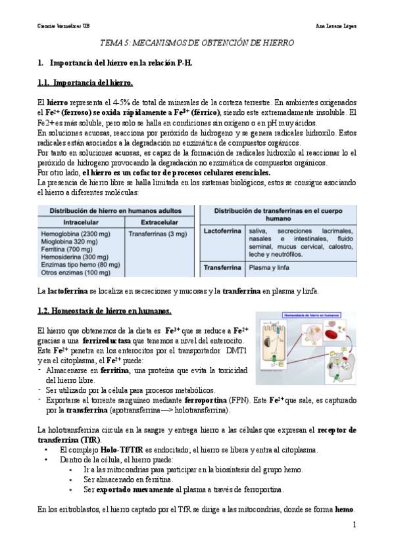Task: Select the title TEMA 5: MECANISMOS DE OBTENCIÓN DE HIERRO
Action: (x=197, y=43)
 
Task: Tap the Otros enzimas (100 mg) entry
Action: (x=76, y=272)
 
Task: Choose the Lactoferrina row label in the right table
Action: (x=222, y=231)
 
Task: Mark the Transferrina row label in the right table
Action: (x=222, y=268)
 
